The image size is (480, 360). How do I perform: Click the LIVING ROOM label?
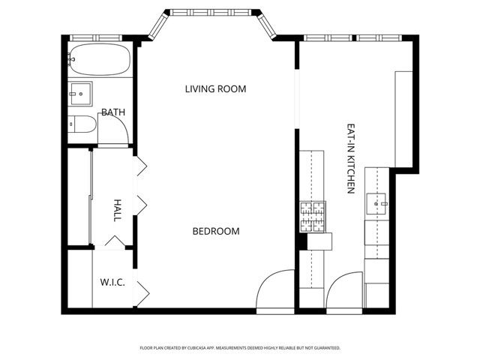[215, 89]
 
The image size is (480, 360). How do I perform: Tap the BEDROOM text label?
[216, 232]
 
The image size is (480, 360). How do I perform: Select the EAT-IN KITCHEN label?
[350, 159]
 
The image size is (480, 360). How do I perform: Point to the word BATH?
[113, 112]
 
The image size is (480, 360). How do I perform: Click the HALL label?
[117, 209]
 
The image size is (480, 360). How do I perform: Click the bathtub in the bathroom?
[99, 58]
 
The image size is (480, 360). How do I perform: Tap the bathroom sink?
[79, 93]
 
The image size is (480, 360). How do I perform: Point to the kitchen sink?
[376, 202]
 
